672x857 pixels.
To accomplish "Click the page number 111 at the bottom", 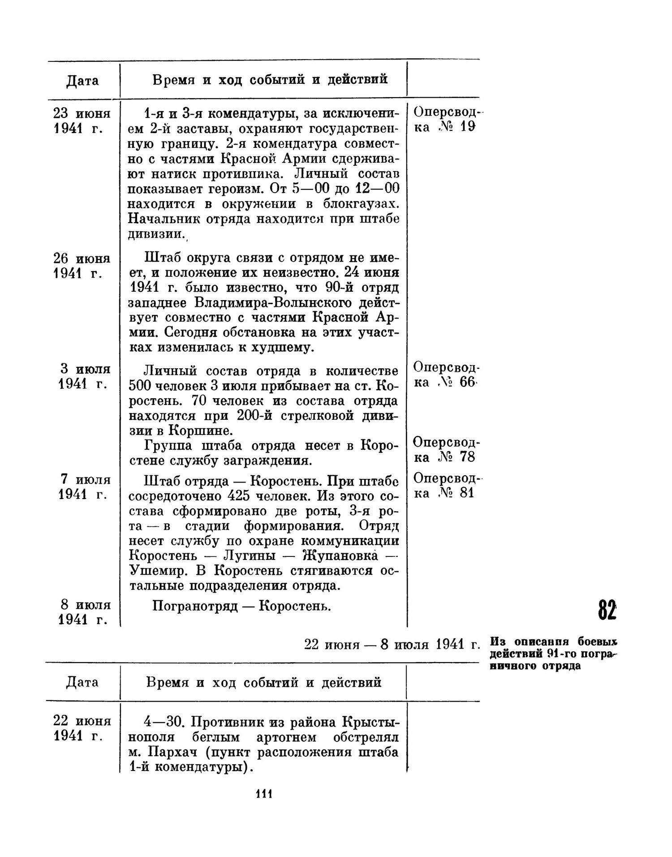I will [264, 794].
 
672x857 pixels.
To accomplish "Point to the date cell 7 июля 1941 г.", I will [84, 487].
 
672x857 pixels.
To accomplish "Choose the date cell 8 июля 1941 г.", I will [84, 612].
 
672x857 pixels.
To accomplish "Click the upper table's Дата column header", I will [82, 81].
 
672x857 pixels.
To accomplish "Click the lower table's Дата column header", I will [82, 682].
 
